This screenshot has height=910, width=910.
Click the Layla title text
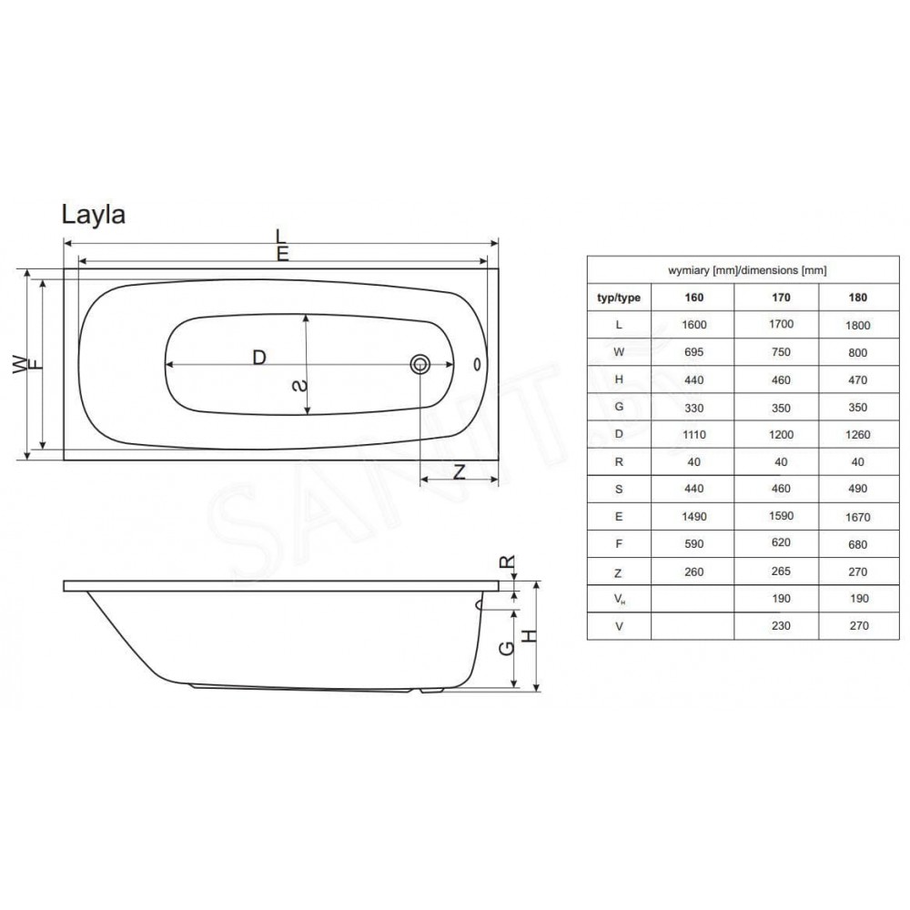point(94,216)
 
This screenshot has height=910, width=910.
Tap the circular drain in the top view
point(420,365)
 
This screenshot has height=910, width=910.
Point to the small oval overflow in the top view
point(477,365)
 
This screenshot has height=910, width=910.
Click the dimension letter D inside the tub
point(259,357)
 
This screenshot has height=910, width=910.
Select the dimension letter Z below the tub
point(459,471)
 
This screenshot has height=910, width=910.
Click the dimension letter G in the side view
point(507,648)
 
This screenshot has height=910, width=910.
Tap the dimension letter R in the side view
point(507,561)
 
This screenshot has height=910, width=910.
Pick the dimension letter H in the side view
point(531,636)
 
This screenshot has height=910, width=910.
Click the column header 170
point(781,298)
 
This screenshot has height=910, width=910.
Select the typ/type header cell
point(619,298)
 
